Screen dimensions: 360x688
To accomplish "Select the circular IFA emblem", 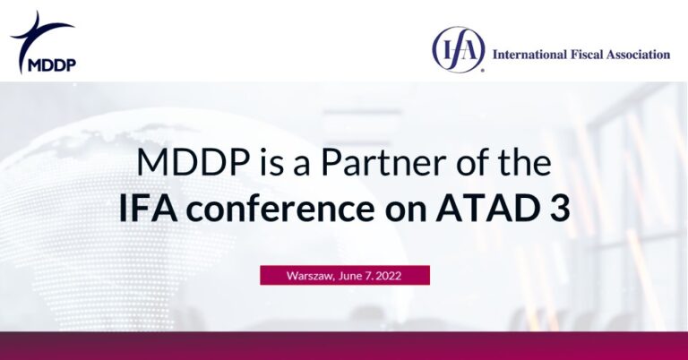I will coord(458,50).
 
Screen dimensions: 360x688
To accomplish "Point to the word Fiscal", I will coord(590,55).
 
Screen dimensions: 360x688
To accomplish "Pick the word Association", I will coord(641,55).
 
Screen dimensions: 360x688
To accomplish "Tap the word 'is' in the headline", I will coord(249,165).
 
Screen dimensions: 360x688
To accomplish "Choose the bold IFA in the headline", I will coord(146,210).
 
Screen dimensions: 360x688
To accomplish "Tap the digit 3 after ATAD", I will coord(561,210).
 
